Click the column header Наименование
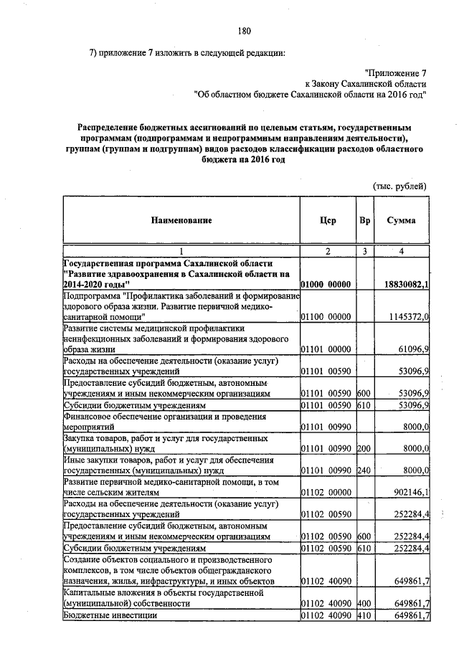(x=181, y=221)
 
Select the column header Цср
(x=328, y=221)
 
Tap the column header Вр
(x=364, y=221)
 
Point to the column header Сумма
(x=402, y=221)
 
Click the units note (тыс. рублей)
(x=399, y=186)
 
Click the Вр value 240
(x=364, y=469)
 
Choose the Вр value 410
(x=364, y=615)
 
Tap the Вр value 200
(x=364, y=447)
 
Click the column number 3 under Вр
(x=364, y=251)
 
